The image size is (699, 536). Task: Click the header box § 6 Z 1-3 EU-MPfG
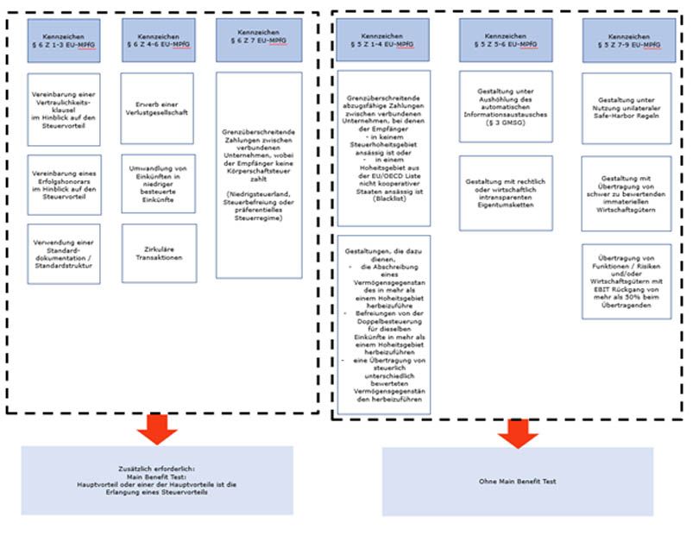(64, 41)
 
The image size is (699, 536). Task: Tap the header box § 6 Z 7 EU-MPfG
(259, 41)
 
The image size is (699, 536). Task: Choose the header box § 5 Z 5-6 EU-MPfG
(506, 39)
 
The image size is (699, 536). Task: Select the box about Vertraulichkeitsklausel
(64, 109)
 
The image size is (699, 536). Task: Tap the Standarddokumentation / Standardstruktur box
(64, 254)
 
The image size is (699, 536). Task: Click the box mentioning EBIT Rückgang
(627, 281)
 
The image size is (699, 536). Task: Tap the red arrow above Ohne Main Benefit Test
(518, 434)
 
